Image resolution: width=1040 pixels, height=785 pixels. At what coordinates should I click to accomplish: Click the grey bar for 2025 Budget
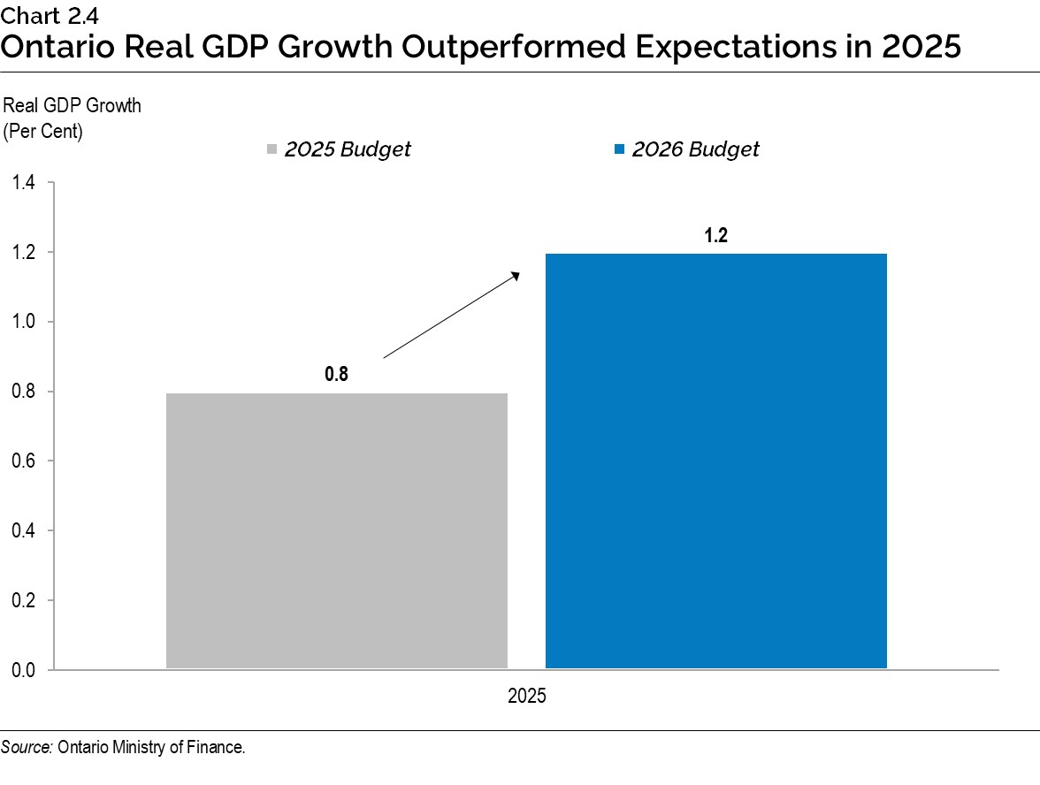click(x=336, y=530)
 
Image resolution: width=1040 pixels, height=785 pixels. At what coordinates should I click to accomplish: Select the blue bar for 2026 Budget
click(x=715, y=461)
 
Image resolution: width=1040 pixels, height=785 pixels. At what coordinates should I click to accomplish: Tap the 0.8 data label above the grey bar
click(x=336, y=374)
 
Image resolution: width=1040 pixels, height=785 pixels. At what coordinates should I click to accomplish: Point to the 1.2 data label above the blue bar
click(x=715, y=236)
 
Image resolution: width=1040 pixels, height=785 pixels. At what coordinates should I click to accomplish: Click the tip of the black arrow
click(x=517, y=273)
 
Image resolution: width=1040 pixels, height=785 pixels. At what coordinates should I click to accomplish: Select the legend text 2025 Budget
click(x=348, y=149)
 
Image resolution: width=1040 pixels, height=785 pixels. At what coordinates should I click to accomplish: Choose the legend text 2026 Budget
click(x=695, y=149)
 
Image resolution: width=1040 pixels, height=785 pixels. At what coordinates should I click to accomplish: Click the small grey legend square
click(x=272, y=149)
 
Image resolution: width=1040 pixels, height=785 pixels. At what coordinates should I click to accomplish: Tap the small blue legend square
click(x=620, y=149)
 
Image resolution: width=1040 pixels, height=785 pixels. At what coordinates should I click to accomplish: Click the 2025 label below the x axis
click(x=527, y=697)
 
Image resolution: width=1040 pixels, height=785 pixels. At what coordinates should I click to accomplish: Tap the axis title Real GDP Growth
click(x=73, y=106)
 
